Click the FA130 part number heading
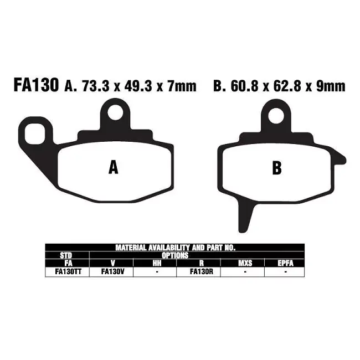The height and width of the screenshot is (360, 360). (34, 86)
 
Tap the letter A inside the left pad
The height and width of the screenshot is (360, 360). (113, 167)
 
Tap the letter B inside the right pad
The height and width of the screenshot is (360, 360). (276, 168)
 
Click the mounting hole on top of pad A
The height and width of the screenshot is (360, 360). (115, 112)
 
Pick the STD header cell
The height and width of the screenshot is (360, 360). (66, 255)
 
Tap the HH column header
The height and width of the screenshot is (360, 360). (157, 263)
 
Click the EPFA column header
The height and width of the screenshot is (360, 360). (285, 263)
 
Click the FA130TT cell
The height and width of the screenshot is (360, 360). (66, 271)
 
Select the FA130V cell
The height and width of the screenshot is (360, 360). (112, 271)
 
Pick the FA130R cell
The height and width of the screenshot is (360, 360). (198, 271)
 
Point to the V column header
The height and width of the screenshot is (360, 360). (112, 263)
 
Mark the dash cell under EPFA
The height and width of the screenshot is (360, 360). (285, 271)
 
